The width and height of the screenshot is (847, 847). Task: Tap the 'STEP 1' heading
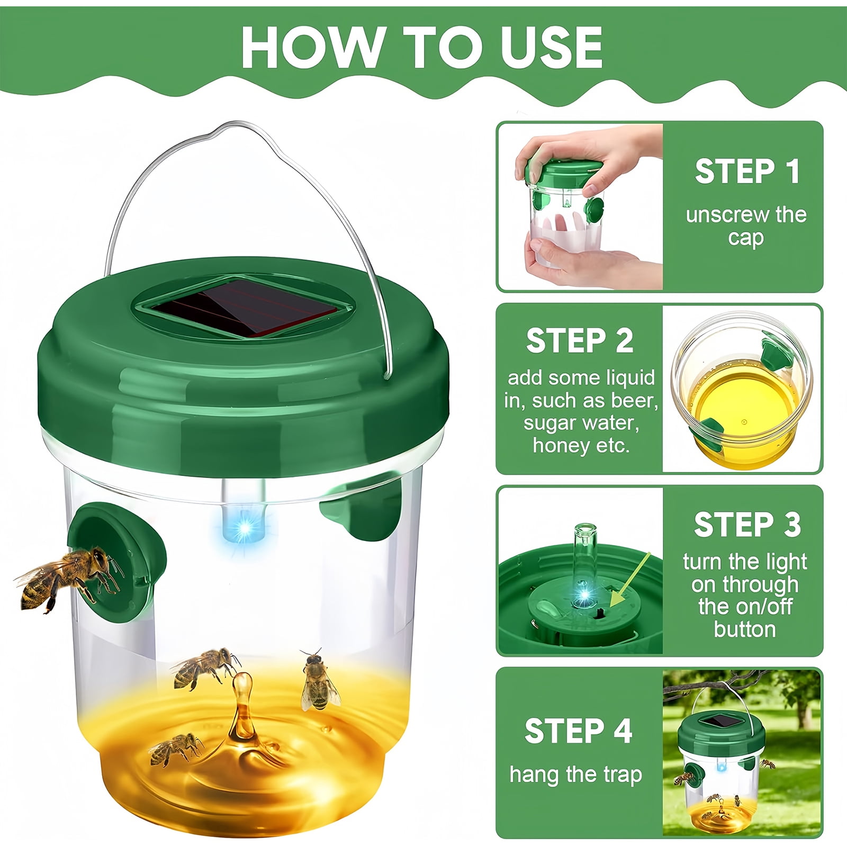[746, 172]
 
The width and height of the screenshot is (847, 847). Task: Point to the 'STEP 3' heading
[747, 525]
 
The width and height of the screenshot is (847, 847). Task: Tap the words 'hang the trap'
[575, 774]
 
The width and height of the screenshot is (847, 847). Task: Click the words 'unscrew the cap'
[746, 226]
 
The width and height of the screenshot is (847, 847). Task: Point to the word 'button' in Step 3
[744, 629]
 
